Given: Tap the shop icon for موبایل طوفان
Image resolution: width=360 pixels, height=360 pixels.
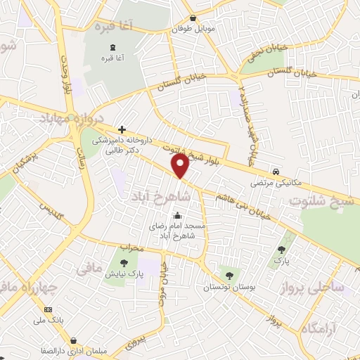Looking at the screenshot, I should click(x=193, y=18).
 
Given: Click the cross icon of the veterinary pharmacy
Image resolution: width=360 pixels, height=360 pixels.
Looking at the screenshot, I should click(x=122, y=129).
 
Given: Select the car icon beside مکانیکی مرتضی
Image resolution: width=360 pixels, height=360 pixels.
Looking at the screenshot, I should click(x=277, y=172).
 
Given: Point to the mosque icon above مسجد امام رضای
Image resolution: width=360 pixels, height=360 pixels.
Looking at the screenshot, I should click(x=177, y=216).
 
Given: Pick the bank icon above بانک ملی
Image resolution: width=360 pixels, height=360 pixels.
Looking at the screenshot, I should click(x=49, y=309).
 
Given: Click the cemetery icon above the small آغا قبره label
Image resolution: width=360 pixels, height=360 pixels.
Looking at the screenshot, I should click(x=110, y=48).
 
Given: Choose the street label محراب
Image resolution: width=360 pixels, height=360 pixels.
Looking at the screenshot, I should click(x=131, y=248).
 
